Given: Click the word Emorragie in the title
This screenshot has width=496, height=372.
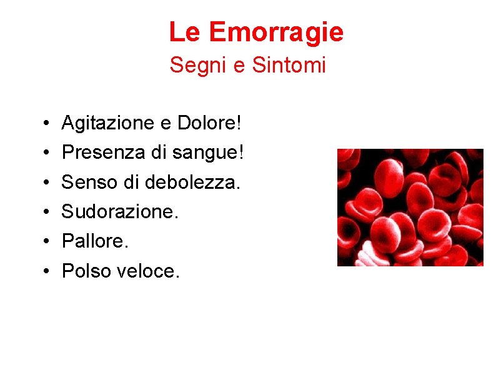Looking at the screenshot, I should (276, 31).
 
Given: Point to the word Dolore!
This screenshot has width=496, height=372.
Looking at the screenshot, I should (209, 123).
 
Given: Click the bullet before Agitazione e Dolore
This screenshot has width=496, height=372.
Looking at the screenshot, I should (47, 124).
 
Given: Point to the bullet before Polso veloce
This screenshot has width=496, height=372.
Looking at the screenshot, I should (47, 271).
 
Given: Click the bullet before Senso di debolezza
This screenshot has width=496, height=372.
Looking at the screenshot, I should (47, 183).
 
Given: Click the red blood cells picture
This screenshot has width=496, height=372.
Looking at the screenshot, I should (410, 207).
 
